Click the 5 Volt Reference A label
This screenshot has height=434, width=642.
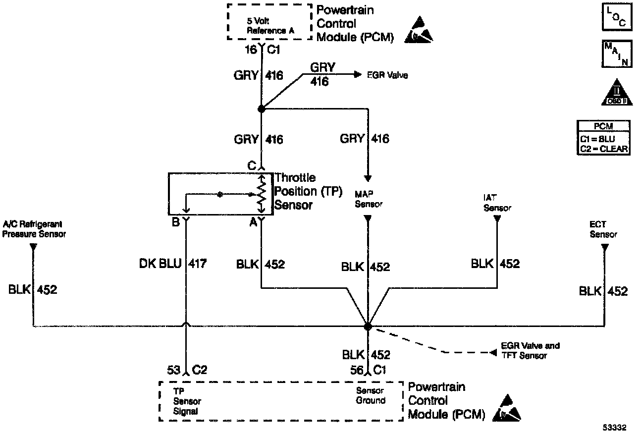coord(270,26)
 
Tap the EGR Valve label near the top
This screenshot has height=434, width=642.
coord(387,75)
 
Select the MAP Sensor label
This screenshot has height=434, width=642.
coord(369,199)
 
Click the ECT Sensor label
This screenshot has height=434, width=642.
coord(603,230)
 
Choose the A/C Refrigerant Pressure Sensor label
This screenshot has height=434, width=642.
coord(34,229)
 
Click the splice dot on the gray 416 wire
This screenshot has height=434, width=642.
coord(261,108)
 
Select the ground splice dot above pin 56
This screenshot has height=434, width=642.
coord(368,326)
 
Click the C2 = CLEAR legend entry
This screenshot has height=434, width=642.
coord(603,148)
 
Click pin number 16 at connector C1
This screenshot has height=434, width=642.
coord(252,50)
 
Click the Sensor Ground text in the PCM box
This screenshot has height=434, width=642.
coord(371,396)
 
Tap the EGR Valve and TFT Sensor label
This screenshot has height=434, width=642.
coord(530,350)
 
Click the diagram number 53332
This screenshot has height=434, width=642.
coord(614,427)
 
